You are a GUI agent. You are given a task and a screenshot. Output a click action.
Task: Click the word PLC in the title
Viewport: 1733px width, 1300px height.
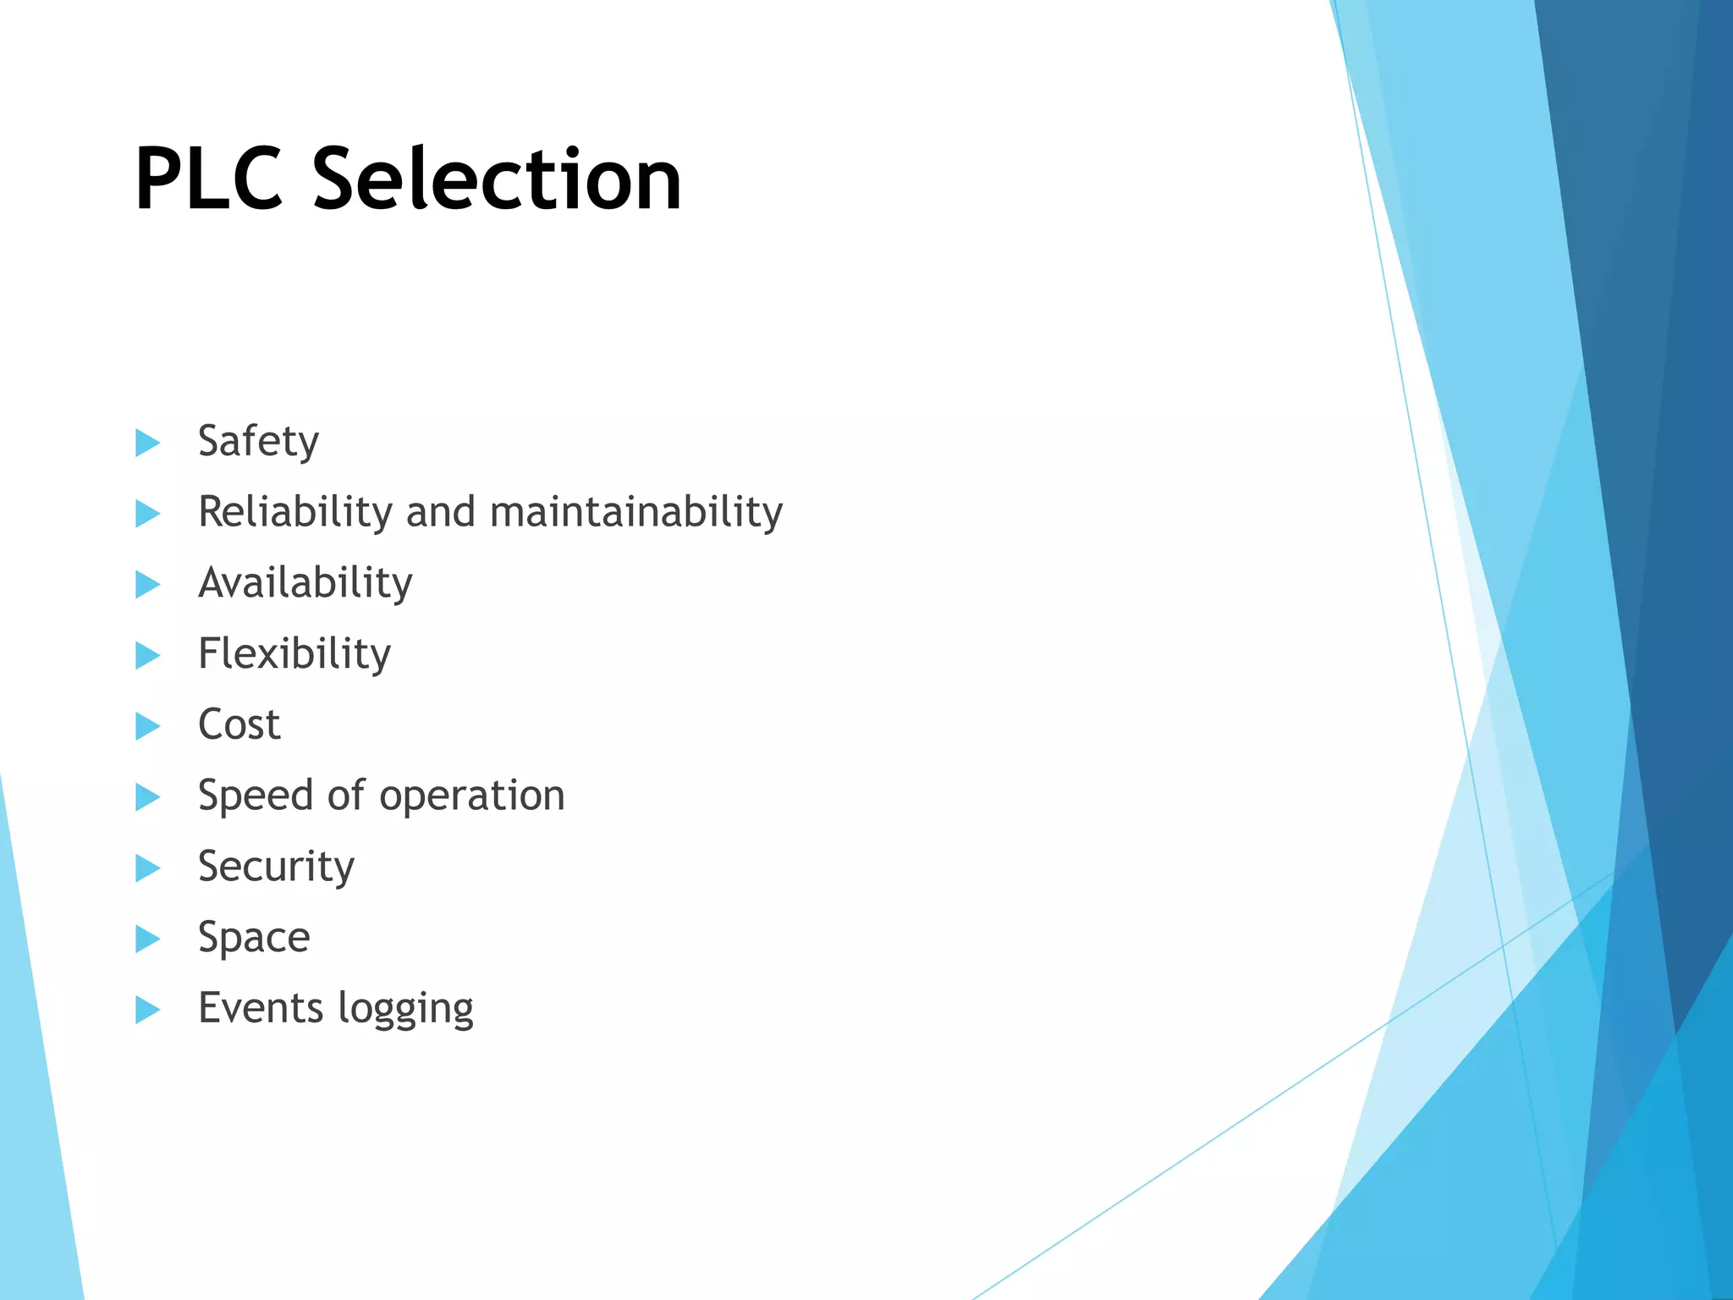click(x=208, y=179)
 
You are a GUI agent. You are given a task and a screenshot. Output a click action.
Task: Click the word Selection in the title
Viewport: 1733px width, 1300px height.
click(x=497, y=179)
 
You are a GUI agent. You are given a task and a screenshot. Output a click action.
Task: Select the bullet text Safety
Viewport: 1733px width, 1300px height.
click(x=258, y=442)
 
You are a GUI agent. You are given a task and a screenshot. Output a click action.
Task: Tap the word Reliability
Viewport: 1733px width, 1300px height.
click(x=294, y=512)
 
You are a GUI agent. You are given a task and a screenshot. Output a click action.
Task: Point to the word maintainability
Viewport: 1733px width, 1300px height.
click(x=635, y=513)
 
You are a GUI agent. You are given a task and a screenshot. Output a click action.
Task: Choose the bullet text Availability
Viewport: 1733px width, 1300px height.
click(x=305, y=583)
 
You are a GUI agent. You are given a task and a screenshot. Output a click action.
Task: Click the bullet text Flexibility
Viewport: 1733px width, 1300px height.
click(x=294, y=654)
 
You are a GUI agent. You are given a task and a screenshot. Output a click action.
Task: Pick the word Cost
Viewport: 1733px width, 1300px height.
click(x=239, y=725)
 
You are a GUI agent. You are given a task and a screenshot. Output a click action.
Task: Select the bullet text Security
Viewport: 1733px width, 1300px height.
click(x=276, y=868)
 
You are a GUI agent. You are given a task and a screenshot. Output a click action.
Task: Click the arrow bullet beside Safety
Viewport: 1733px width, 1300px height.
click(x=147, y=442)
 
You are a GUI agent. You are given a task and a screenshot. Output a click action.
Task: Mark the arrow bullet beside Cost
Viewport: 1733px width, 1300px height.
click(x=147, y=725)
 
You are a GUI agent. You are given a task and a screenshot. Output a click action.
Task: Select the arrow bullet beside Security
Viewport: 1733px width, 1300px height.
click(x=147, y=868)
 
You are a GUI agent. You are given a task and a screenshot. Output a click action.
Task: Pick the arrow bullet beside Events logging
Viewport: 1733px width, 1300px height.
click(x=147, y=1009)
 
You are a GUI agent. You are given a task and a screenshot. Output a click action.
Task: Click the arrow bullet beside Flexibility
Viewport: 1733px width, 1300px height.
click(x=147, y=654)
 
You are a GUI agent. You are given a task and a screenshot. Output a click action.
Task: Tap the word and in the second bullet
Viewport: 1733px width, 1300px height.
click(x=440, y=512)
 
